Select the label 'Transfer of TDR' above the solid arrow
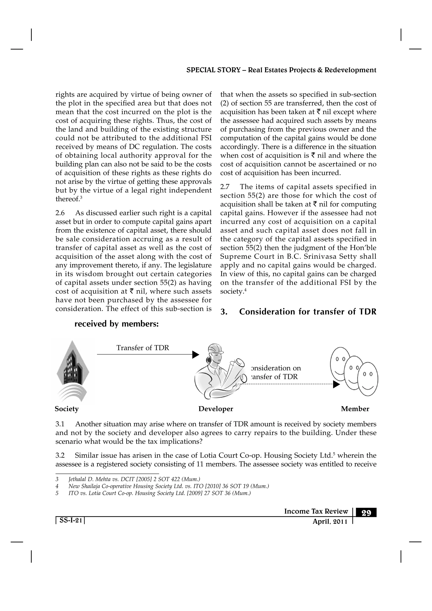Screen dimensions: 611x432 tap(143, 348)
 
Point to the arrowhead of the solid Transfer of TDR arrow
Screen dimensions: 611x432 tap(196, 355)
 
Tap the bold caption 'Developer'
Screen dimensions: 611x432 tap(216, 409)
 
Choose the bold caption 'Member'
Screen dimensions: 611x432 tap(355, 409)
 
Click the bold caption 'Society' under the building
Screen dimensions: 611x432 tap(67, 409)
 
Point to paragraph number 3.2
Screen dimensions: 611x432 tap(60, 456)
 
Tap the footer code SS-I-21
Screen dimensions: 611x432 tap(70, 520)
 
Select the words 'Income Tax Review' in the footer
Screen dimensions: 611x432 tap(316, 511)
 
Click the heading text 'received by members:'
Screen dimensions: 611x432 tap(116, 324)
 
